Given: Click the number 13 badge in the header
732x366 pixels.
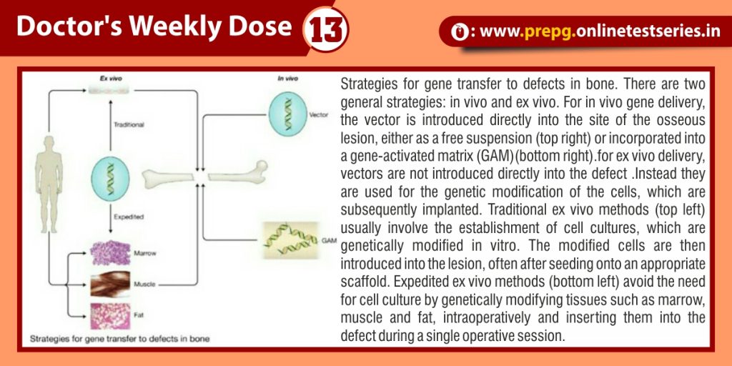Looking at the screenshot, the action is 325,29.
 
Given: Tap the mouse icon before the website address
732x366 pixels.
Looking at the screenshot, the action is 460,31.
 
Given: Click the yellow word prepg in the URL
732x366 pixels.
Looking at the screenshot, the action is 548,31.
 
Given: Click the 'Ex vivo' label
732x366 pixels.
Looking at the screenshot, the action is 111,79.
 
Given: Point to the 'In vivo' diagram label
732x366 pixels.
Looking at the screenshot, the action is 287,79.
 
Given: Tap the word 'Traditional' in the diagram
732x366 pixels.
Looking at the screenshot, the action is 129,124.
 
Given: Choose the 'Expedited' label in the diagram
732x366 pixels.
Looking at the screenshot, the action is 129,217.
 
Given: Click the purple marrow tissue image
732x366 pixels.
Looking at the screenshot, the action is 110,253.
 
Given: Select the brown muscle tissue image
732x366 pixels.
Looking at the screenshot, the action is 110,284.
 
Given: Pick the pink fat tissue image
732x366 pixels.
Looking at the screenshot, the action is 110,316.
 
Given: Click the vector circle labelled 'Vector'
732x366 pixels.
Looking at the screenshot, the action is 288,114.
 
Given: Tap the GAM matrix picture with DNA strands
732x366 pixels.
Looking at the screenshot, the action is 290,240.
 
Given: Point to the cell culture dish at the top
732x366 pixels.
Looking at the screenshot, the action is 110,90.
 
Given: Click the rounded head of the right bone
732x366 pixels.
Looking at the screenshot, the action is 261,167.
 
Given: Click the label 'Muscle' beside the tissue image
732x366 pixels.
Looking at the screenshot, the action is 144,284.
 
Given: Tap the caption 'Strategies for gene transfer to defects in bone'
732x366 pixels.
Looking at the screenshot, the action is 120,338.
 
